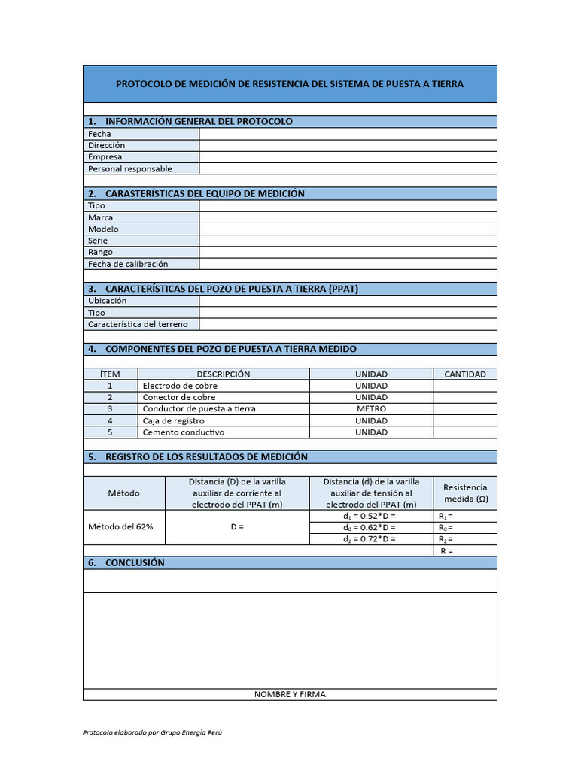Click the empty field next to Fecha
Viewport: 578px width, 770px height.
pos(348,134)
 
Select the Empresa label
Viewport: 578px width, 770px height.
pos(106,157)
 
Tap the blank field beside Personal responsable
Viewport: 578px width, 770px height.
pos(348,169)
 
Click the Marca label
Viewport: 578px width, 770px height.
pos(101,217)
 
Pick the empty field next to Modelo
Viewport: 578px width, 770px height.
pos(348,229)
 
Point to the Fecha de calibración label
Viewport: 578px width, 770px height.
pos(128,264)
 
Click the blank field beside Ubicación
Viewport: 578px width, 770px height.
pos(348,301)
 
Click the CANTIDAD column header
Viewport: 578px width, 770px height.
pos(465,374)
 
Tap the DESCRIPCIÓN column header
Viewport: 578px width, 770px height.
pos(224,374)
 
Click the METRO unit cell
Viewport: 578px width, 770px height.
pos(371,409)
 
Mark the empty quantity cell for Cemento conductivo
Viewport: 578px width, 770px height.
pos(465,432)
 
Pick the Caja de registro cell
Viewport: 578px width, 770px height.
pos(174,421)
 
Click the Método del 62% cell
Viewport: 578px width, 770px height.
pos(124,527)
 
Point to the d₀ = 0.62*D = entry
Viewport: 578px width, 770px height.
pos(369,527)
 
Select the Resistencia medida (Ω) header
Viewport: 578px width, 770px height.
pos(465,493)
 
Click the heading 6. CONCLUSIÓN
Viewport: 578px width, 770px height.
pos(135,562)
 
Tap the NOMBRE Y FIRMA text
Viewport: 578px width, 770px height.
pos(290,694)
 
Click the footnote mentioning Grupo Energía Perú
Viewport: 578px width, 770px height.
pos(153,732)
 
